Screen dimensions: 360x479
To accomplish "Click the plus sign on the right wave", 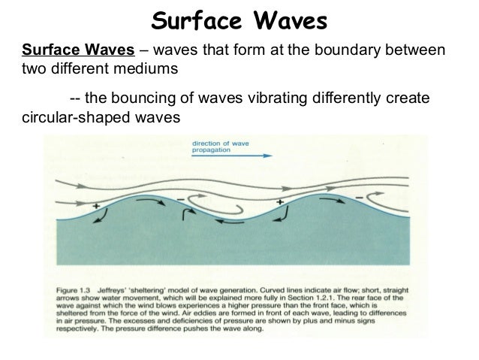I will pyautogui.click(x=280, y=202).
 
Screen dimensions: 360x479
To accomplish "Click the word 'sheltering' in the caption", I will pyautogui.click(x=167, y=286).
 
